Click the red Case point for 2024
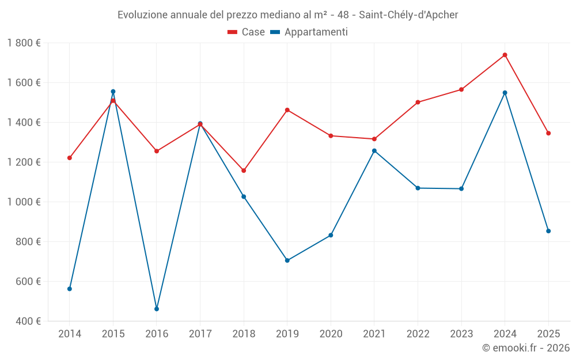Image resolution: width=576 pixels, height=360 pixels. pyautogui.click(x=505, y=55)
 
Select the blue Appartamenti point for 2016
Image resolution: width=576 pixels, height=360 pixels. pyautogui.click(x=157, y=309)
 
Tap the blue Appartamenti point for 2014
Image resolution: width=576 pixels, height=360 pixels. pyautogui.click(x=70, y=289)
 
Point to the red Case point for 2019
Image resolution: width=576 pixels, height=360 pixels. pyautogui.click(x=287, y=110)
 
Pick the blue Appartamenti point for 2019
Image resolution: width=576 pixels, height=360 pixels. pyautogui.click(x=287, y=260)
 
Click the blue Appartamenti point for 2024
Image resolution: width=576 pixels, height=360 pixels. pyautogui.click(x=505, y=93)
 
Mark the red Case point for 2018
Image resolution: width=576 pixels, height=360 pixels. pyautogui.click(x=244, y=170)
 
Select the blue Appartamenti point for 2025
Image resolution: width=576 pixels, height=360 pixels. pyautogui.click(x=548, y=231)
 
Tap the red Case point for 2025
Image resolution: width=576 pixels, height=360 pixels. pyautogui.click(x=548, y=133)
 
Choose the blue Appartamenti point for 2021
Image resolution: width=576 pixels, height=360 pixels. pyautogui.click(x=374, y=151)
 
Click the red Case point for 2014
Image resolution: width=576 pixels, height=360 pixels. pyautogui.click(x=70, y=158)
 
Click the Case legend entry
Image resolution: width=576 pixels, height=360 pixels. pyautogui.click(x=247, y=32)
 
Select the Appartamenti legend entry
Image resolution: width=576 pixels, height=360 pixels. pyautogui.click(x=309, y=32)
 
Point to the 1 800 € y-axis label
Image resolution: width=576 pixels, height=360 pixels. pyautogui.click(x=24, y=43)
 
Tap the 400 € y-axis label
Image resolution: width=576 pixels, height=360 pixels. pyautogui.click(x=28, y=321)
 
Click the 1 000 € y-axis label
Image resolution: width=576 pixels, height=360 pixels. pyautogui.click(x=24, y=202)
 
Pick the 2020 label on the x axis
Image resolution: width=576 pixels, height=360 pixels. pyautogui.click(x=331, y=334)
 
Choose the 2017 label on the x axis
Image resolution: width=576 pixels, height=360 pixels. pyautogui.click(x=200, y=334)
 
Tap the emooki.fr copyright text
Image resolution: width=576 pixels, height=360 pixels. pyautogui.click(x=525, y=348)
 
